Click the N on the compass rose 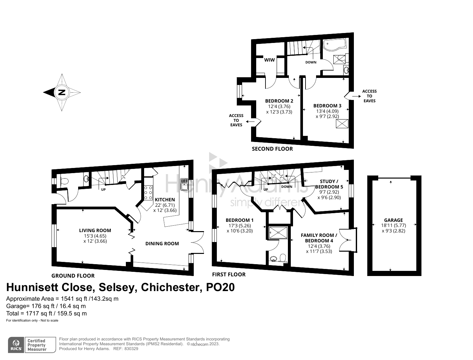pos(62,92)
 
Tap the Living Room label pos(95,230)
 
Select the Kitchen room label pos(165,200)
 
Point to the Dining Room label pos(162,244)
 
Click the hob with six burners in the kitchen pos(148,193)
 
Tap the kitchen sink pos(184,184)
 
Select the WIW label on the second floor pos(269,60)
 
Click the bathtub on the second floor pos(335,45)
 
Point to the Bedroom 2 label pos(279,101)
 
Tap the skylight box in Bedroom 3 pos(342,124)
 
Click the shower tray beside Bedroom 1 pos(278,232)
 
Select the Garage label pos(393,220)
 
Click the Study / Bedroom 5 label pos(329,184)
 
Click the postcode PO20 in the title pos(220,287)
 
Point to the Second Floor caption pos(273,149)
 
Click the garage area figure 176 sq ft pos(43,306)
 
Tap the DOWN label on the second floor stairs pos(311,62)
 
